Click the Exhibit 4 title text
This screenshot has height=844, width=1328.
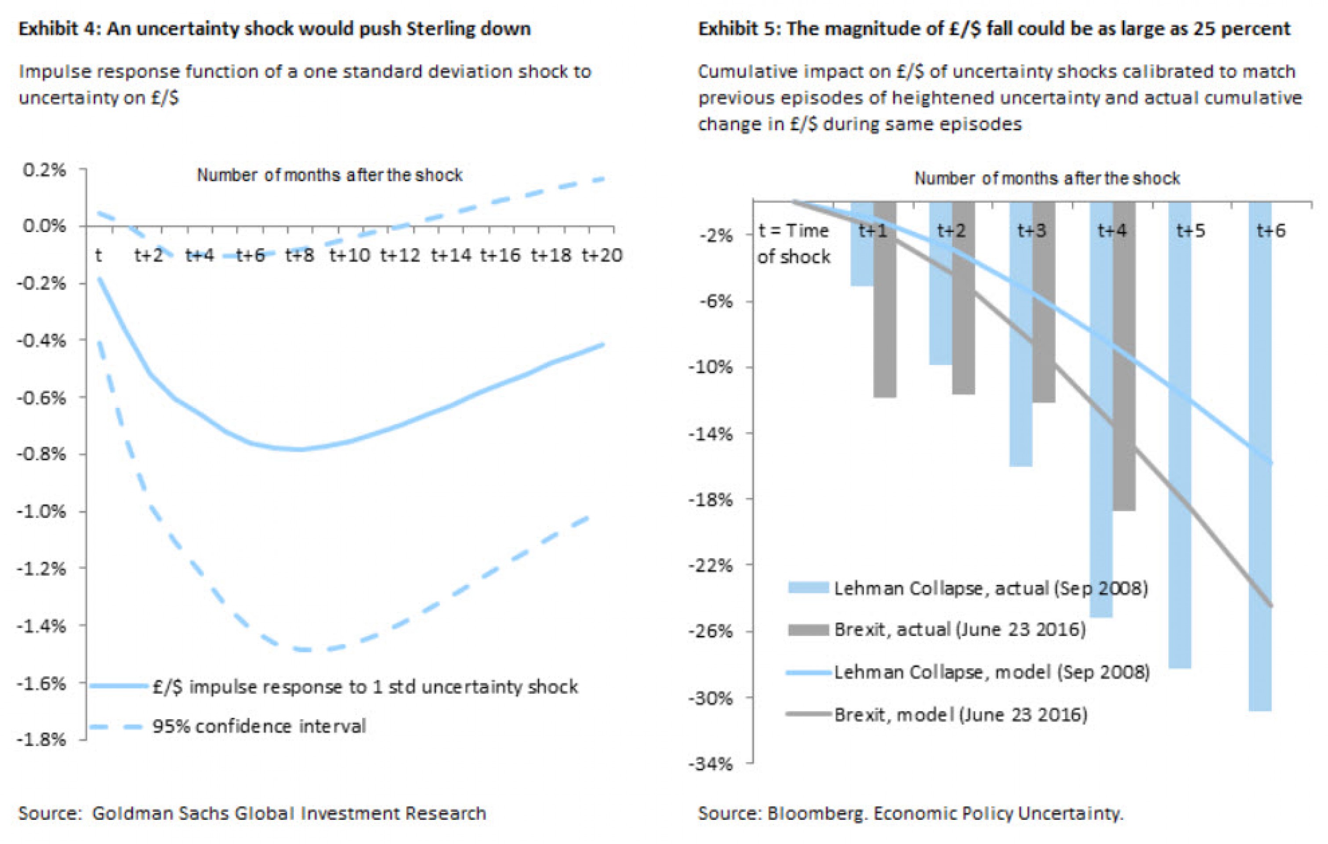275,29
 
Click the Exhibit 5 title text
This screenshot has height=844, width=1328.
994,29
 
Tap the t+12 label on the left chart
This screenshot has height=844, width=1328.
400,255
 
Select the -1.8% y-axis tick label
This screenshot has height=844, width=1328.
42,740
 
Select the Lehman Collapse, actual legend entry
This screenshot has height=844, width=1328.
991,589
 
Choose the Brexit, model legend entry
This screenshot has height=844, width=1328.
960,715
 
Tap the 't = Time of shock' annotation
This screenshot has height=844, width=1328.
794,243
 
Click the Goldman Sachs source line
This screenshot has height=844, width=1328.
253,814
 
